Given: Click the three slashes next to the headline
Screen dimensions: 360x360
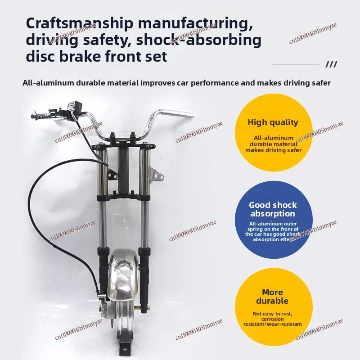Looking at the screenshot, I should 331,64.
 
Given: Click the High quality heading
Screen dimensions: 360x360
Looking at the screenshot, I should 273,122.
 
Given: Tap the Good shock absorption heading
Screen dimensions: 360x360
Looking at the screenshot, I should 273,209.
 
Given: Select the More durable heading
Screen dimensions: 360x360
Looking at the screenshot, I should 272,297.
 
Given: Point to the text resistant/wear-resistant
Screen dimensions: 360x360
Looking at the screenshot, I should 273,324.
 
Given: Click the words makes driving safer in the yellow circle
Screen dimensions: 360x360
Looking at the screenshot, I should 273,150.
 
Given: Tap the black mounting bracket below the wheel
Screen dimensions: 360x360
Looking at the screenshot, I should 125,347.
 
